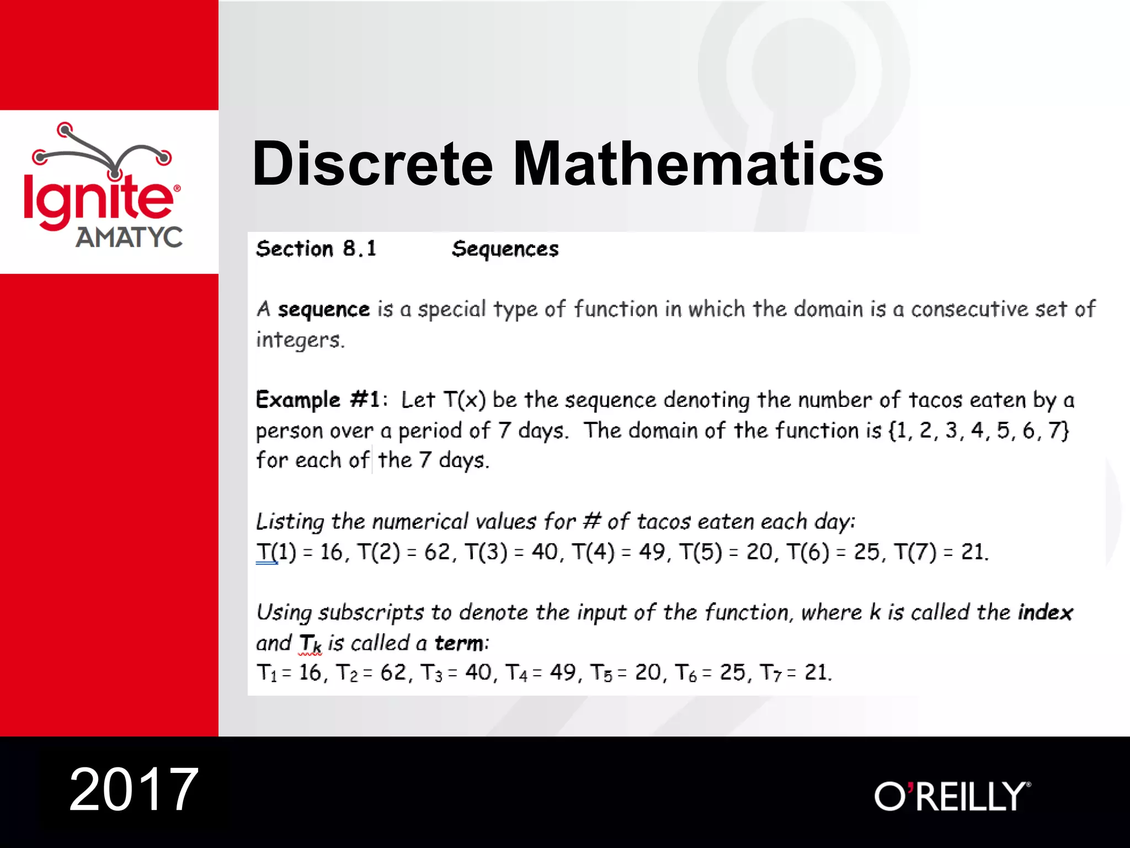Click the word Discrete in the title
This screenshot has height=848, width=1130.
(x=372, y=163)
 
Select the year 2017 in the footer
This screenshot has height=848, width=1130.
(x=134, y=789)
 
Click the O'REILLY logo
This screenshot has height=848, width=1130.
(x=952, y=796)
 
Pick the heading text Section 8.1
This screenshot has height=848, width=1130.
(x=316, y=249)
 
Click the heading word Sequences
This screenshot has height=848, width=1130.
(x=505, y=249)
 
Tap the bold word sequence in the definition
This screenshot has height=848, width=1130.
(x=323, y=309)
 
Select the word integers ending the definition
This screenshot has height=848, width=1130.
(x=300, y=340)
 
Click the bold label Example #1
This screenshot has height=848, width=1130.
(x=318, y=399)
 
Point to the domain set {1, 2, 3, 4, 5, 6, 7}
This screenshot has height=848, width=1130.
(x=979, y=430)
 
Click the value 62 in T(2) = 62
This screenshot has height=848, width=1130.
(x=438, y=552)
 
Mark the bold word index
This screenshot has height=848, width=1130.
(x=1046, y=612)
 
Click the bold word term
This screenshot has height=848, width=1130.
(x=460, y=643)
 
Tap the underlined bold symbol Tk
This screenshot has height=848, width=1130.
(x=310, y=644)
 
